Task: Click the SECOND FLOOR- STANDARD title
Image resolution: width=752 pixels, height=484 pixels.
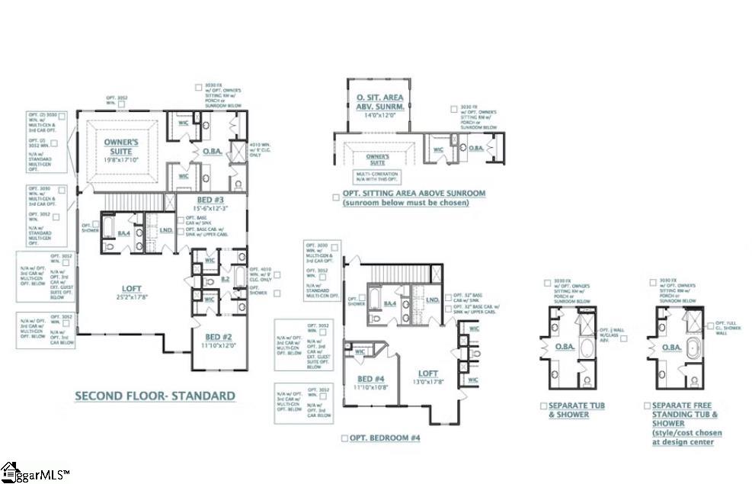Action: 155,396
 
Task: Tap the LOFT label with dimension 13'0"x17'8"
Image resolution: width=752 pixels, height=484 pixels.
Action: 428,377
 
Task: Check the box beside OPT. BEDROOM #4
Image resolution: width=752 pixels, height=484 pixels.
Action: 345,438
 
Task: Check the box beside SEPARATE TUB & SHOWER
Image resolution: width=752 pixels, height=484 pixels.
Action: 543,406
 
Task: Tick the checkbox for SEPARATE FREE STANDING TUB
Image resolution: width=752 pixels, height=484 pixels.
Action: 647,406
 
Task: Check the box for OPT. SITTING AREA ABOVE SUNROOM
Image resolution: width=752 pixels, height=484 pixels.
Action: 335,196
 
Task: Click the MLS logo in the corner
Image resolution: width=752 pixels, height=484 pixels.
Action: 34,473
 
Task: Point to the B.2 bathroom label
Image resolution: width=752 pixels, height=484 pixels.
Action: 226,280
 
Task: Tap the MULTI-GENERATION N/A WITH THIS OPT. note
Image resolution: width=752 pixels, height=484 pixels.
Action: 379,177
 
